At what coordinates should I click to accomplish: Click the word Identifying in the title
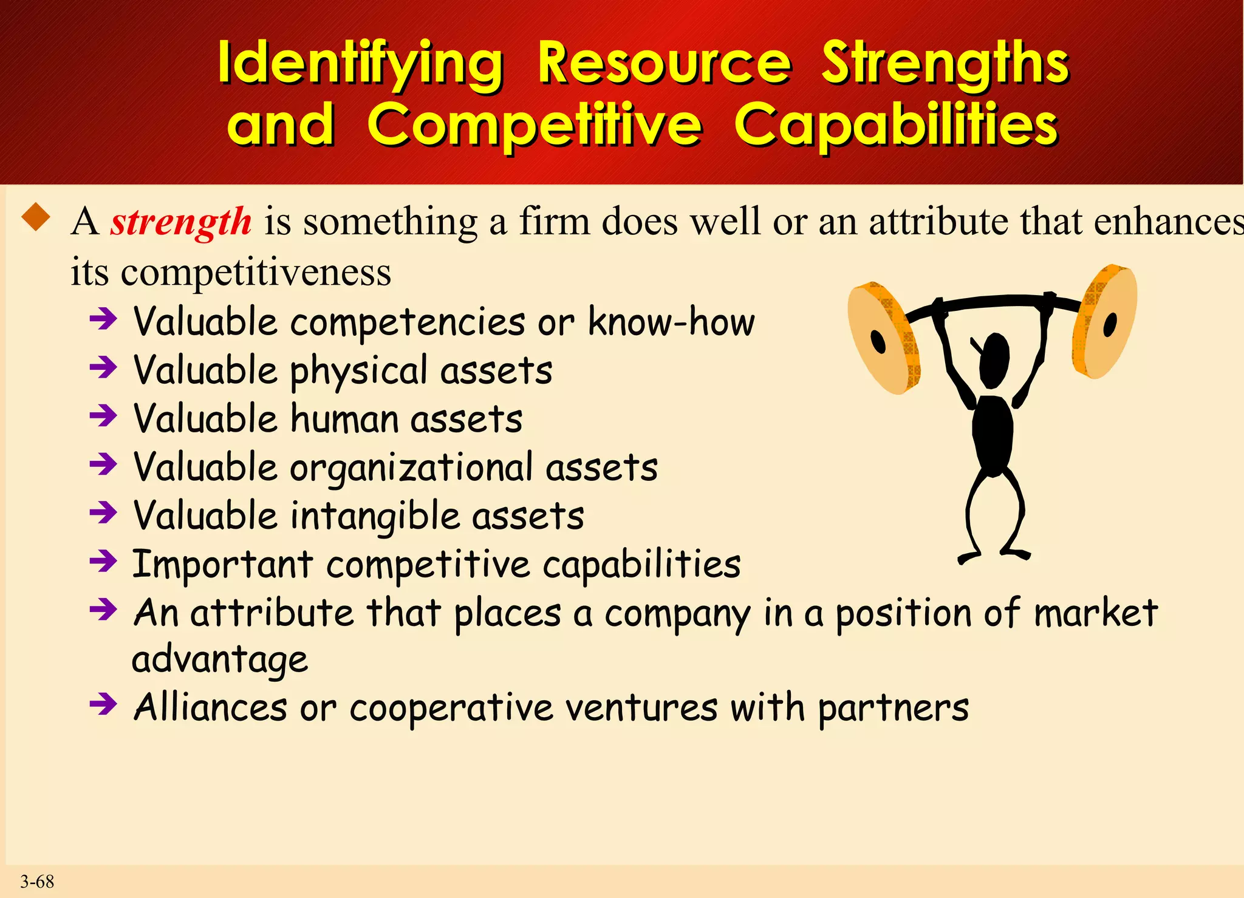361,64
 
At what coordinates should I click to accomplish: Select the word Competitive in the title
535,125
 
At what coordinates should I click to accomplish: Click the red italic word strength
180,222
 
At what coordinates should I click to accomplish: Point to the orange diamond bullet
36,217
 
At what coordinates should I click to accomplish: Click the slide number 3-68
37,881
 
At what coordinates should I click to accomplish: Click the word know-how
671,321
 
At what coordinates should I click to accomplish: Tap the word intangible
374,517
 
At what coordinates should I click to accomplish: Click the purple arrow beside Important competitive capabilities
103,561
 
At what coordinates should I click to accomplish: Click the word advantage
220,659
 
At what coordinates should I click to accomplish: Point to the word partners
892,709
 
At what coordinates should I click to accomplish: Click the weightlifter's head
994,359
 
